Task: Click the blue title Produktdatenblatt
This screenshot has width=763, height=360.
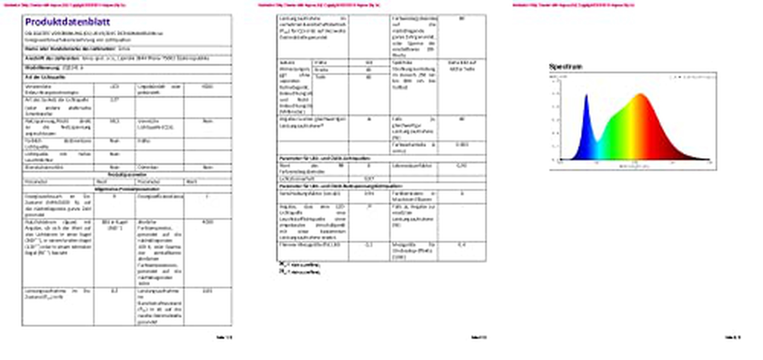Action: (68, 22)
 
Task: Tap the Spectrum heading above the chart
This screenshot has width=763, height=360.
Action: (565, 67)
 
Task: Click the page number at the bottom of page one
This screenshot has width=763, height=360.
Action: (224, 337)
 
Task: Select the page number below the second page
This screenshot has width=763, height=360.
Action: (479, 337)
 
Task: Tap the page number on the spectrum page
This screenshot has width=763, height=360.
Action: (733, 337)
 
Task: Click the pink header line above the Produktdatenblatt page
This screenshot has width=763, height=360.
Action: (64, 5)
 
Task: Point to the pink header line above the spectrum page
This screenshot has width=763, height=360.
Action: (573, 5)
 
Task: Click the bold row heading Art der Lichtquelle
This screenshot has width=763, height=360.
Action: (45, 77)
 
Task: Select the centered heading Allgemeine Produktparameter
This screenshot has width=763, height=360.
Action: (127, 189)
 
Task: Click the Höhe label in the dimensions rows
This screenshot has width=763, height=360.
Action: (320, 63)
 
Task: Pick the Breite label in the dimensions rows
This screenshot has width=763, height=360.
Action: (321, 70)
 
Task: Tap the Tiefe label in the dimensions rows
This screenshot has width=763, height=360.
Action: (320, 77)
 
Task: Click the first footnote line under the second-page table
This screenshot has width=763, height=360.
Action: (300, 265)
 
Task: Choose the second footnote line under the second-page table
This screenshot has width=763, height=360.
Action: (300, 272)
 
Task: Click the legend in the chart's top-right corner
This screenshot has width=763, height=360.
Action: (693, 77)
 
